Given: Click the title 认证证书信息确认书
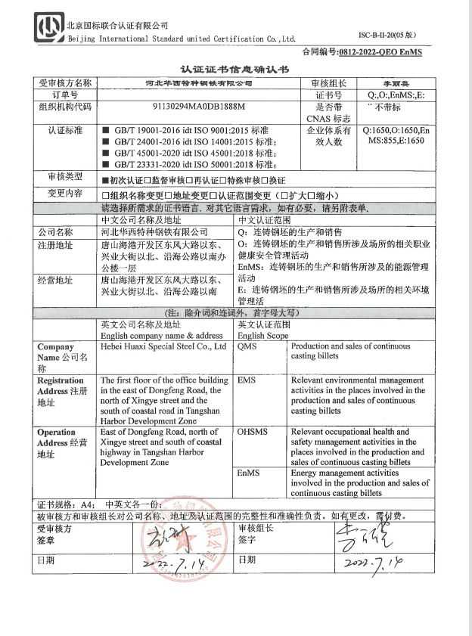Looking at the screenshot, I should point(234,68).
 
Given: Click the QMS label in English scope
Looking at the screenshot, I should point(248,346).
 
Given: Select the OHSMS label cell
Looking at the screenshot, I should point(252,433).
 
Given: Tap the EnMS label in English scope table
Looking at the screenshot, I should point(249,473).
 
